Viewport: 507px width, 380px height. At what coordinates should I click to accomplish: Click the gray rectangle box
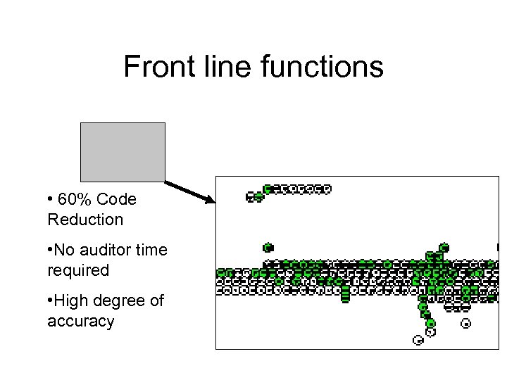123,152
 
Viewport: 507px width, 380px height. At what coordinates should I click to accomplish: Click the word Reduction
85,220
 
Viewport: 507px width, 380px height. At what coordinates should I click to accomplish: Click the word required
78,270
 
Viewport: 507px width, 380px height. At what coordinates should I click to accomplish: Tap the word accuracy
80,321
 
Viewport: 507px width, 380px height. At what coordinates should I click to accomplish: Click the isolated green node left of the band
268,248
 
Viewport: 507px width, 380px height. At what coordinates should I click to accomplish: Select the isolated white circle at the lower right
465,324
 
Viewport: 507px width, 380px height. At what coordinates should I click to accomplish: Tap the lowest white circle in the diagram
418,341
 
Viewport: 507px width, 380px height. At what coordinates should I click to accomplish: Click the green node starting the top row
268,189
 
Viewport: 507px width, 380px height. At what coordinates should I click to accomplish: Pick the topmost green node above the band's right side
444,248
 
